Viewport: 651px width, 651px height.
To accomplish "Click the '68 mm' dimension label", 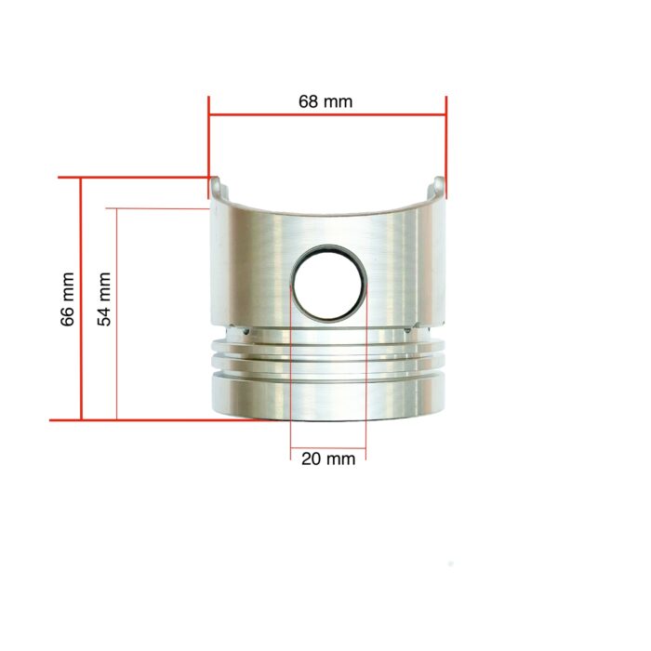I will [325, 101].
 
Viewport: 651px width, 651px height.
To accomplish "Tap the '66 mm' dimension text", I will [67, 299].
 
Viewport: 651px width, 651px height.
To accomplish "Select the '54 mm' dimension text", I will [105, 299].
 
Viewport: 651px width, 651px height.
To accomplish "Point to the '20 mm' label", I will [328, 458].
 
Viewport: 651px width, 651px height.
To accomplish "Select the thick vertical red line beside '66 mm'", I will [82, 299].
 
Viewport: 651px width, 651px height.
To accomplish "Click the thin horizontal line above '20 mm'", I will [328, 447].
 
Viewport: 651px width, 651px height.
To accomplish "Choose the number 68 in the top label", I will [309, 101].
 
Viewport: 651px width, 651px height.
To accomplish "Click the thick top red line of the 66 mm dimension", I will [139, 177].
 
